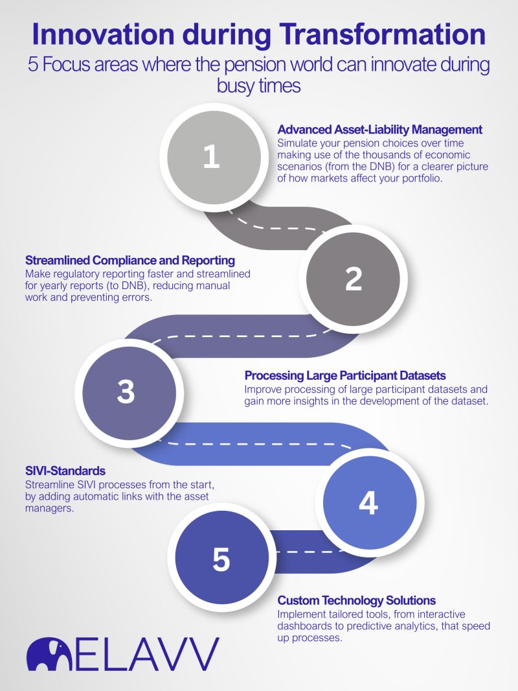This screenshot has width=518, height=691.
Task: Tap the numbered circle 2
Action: click(353, 279)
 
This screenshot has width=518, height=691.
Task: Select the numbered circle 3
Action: click(126, 392)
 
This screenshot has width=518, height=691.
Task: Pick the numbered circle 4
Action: click(368, 502)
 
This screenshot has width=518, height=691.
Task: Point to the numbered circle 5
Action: click(221, 559)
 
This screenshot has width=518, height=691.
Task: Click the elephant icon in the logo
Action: click(49, 653)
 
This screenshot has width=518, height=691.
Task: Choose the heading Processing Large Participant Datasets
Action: click(345, 376)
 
